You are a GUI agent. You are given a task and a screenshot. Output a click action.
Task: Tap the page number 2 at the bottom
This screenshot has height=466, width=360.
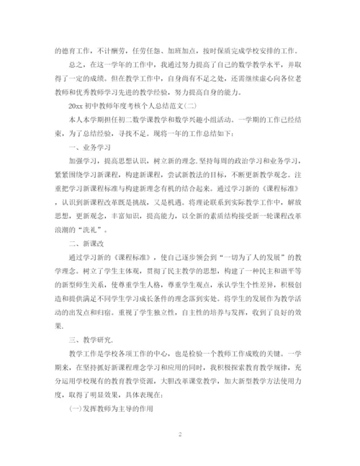point(179,436)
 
